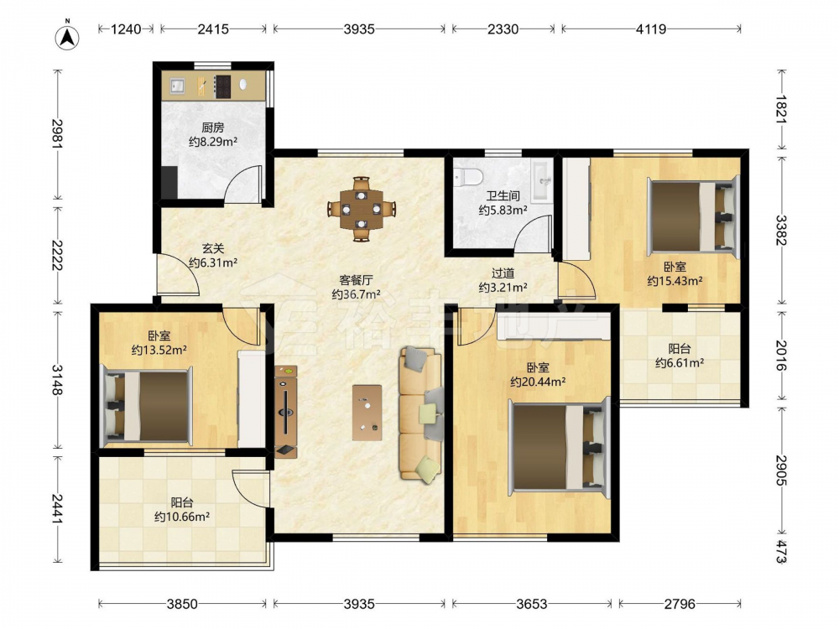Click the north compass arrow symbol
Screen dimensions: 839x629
67,36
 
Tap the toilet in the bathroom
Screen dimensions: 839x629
468,176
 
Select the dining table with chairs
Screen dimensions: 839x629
362,208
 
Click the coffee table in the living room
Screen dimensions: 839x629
367,413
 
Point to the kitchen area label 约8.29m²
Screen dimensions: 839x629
213,142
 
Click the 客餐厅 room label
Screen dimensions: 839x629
357,280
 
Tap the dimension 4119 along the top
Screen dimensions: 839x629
651,29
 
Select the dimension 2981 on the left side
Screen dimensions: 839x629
57,133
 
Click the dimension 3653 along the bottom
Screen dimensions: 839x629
532,604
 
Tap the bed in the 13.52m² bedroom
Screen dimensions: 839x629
147,406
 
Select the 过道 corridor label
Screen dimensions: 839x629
503,273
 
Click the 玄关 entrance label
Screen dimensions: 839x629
213,249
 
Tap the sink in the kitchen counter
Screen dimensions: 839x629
177,85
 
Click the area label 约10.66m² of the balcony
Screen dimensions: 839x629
182,517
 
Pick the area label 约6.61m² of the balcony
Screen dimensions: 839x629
680,363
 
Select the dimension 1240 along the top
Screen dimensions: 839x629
126,29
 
